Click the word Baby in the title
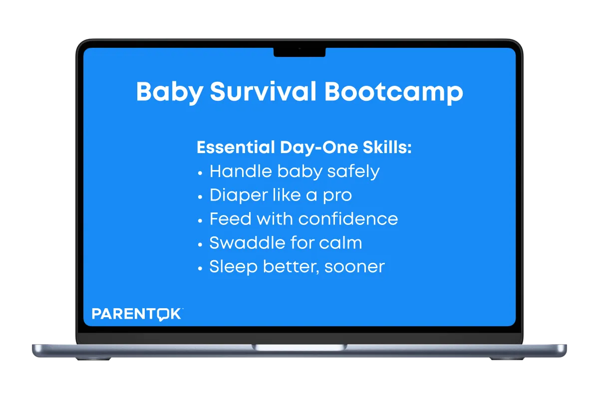coord(170,92)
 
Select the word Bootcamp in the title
coord(394,92)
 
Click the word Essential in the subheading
coord(236,147)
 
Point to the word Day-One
coord(319,148)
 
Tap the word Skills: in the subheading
coord(387,147)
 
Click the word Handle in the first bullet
coord(241,171)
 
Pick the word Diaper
coord(239,196)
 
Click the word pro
coord(337,197)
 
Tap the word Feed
coord(231,219)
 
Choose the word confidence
coord(348,219)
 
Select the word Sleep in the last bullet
coord(234,267)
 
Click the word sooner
coord(354,267)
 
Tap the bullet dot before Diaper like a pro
coord(200,197)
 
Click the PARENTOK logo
coord(137,314)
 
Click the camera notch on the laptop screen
coord(299,52)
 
